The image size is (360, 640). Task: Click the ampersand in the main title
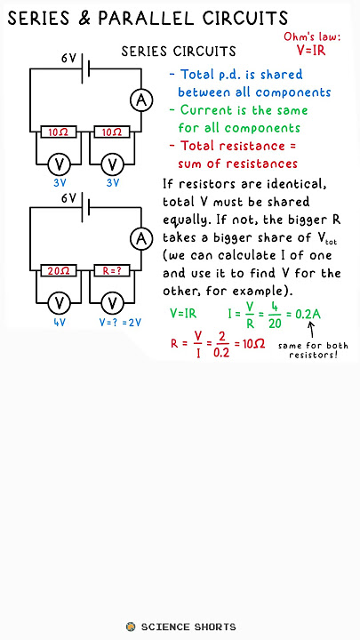click(x=84, y=19)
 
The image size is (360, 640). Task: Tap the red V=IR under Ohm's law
click(x=311, y=50)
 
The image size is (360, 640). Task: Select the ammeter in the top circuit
click(x=141, y=100)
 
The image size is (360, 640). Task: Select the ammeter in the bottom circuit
click(x=141, y=239)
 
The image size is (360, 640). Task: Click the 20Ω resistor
click(x=59, y=270)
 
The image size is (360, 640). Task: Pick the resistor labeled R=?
click(x=112, y=270)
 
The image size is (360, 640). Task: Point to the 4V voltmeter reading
click(x=60, y=323)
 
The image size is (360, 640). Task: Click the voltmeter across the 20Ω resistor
click(x=60, y=303)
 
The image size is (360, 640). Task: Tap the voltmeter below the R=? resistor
click(x=112, y=303)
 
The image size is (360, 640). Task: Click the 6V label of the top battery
click(x=69, y=59)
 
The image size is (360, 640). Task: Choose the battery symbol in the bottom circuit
click(x=85, y=207)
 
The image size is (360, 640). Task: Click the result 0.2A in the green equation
click(x=310, y=315)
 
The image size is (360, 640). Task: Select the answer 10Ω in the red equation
click(x=253, y=344)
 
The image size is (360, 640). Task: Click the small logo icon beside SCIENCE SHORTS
click(x=131, y=627)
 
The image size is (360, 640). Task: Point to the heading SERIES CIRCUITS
click(x=179, y=52)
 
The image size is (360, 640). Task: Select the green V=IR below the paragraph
click(x=183, y=314)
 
